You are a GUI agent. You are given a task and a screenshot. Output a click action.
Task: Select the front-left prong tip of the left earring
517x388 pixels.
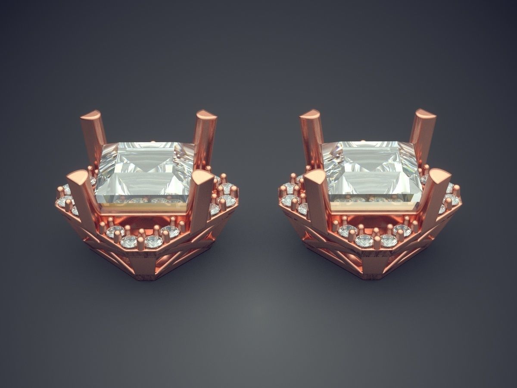click(78, 177)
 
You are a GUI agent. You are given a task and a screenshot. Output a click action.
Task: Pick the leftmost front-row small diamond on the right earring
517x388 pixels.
click(347, 231)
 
